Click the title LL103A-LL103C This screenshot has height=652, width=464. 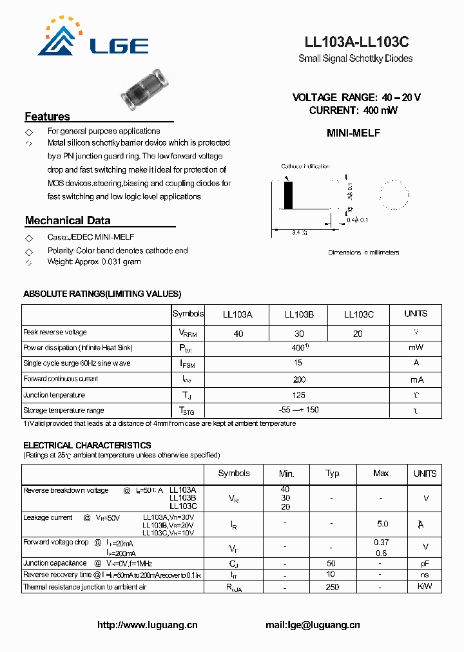(356, 43)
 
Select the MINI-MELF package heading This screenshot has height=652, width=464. (354, 133)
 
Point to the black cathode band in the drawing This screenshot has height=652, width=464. (289, 195)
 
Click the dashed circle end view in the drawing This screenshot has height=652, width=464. (393, 195)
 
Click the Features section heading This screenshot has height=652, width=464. (47, 117)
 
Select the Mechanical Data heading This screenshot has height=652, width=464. (68, 220)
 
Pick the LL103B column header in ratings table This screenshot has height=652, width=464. (299, 314)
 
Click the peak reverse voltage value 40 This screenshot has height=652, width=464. (238, 334)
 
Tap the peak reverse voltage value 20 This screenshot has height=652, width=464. (358, 334)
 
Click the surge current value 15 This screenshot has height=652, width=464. (298, 363)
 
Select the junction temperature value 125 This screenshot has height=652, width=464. (298, 395)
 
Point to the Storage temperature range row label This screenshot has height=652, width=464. (64, 410)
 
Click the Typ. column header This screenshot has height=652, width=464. (333, 474)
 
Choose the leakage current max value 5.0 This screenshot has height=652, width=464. (382, 524)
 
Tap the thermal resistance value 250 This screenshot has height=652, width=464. (333, 587)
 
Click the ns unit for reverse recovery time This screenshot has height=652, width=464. (425, 574)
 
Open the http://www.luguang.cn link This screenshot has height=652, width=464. (148, 625)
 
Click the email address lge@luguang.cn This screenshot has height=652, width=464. (313, 625)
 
